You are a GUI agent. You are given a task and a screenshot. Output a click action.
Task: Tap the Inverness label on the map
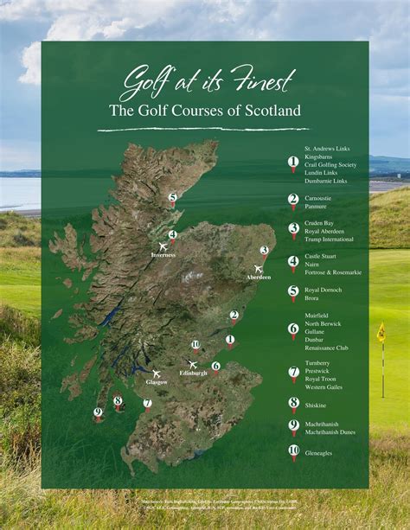163,255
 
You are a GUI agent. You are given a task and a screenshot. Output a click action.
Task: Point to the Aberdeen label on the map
258,277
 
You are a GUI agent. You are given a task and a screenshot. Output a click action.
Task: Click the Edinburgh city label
193,373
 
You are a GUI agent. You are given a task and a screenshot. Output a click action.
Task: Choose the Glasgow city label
157,381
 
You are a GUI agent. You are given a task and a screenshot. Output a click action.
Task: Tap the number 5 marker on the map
172,198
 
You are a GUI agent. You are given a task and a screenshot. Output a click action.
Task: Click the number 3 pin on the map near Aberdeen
264,251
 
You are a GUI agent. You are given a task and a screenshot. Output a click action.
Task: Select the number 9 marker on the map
98,412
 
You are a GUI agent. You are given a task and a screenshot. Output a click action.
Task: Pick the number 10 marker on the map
195,344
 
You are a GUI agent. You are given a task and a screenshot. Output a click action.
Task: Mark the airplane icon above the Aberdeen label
258,268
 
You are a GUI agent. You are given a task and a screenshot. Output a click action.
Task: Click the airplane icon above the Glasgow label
157,373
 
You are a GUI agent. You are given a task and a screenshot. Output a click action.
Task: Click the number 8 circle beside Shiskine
293,403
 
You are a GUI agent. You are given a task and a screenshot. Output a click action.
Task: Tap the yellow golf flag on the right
381,331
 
